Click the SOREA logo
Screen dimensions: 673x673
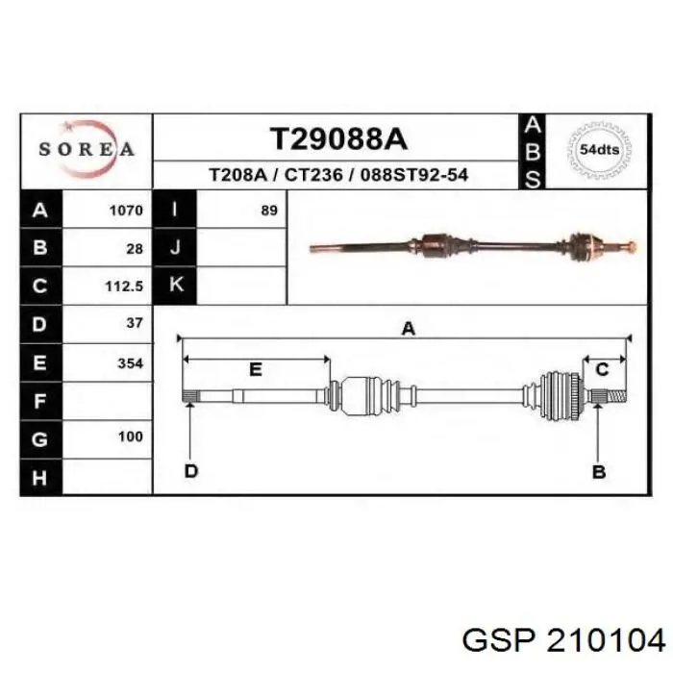pyautogui.click(x=87, y=149)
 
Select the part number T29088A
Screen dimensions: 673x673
pyautogui.click(x=338, y=139)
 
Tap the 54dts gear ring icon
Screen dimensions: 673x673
pyautogui.click(x=599, y=150)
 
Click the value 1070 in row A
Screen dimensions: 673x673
pyautogui.click(x=126, y=211)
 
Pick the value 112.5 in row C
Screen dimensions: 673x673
pyautogui.click(x=124, y=287)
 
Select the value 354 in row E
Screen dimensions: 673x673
pyautogui.click(x=130, y=363)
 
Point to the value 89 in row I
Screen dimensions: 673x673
pyautogui.click(x=269, y=211)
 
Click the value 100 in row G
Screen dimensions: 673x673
pyautogui.click(x=131, y=436)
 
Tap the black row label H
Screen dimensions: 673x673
pyautogui.click(x=41, y=477)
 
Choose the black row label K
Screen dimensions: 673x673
pyautogui.click(x=175, y=286)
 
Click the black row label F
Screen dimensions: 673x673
pyautogui.click(x=41, y=401)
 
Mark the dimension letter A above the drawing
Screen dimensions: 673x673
pyautogui.click(x=409, y=329)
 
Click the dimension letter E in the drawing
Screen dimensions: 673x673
pyautogui.click(x=256, y=369)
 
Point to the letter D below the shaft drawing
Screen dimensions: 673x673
pyautogui.click(x=191, y=471)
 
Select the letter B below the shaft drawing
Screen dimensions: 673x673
pyautogui.click(x=599, y=472)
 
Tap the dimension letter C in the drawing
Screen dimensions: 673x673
pyautogui.click(x=602, y=369)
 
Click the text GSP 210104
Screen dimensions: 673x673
pyautogui.click(x=563, y=641)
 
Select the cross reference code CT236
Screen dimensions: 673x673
pyautogui.click(x=313, y=175)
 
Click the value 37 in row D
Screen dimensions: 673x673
pyautogui.click(x=135, y=323)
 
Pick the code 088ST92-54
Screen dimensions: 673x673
pyautogui.click(x=414, y=175)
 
